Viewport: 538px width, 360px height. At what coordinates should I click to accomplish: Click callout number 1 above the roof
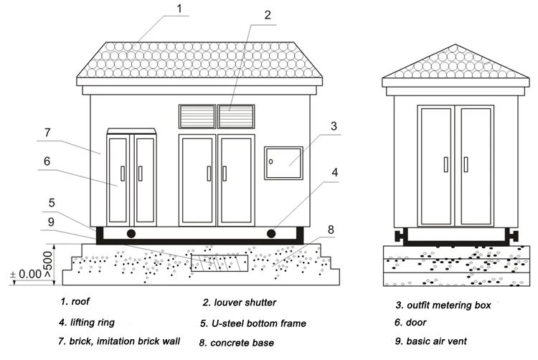tap(179, 8)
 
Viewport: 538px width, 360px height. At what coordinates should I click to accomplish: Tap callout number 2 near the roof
tap(268, 15)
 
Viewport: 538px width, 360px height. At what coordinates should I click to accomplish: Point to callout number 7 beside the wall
tap(47, 133)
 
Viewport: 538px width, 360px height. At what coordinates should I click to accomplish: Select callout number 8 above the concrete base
tap(331, 229)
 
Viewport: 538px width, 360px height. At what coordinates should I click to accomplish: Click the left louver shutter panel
tap(197, 117)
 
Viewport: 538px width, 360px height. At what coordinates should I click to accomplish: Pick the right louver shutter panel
tap(237, 117)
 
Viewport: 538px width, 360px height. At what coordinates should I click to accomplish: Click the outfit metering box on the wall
tap(283, 164)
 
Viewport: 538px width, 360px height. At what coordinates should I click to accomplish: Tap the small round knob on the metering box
tap(270, 161)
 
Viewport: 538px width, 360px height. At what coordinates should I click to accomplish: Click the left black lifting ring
tap(131, 234)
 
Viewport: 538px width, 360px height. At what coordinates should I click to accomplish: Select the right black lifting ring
tap(271, 234)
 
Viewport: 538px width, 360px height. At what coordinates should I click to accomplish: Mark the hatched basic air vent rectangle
tap(220, 263)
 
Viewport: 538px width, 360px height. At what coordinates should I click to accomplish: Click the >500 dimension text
tap(47, 265)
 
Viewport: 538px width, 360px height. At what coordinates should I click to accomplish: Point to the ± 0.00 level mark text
tap(26, 274)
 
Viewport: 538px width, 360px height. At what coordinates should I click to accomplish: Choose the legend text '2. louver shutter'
tap(239, 303)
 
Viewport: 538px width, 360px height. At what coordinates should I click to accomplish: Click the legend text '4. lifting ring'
tap(87, 323)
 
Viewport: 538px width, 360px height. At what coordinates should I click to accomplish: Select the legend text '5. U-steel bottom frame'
tap(253, 323)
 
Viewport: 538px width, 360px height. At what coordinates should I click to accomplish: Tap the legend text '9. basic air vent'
tap(431, 341)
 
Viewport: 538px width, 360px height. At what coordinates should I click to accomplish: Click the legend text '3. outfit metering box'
tap(443, 305)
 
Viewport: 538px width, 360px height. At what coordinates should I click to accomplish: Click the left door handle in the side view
tap(446, 164)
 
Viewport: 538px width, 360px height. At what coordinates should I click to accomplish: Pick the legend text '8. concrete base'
tap(237, 343)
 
